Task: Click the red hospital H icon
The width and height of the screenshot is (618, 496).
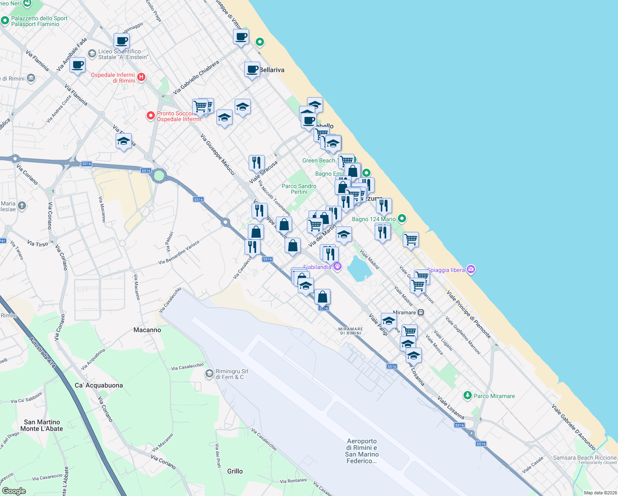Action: click(x=141, y=77)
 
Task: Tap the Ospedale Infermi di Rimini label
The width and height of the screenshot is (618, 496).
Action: click(x=113, y=78)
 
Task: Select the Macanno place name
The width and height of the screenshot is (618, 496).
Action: click(x=147, y=330)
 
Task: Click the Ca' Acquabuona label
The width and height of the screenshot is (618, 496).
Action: click(x=99, y=385)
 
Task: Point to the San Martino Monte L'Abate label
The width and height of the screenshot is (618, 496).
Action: click(x=42, y=425)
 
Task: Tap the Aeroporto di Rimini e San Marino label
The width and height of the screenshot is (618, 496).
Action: click(x=362, y=451)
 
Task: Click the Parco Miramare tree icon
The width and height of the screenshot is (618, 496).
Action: click(x=467, y=396)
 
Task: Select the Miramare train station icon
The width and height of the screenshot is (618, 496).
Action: click(x=421, y=312)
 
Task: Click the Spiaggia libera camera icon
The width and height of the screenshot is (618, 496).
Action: click(x=471, y=270)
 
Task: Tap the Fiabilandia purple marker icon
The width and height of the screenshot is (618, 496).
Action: click(x=338, y=267)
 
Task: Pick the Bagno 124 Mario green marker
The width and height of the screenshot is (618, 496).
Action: click(x=402, y=219)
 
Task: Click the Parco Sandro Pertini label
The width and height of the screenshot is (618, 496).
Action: click(x=299, y=189)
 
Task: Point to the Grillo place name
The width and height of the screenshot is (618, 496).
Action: click(x=235, y=471)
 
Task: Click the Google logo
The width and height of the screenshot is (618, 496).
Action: click(x=14, y=491)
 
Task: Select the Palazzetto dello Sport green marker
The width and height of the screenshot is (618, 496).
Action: click(x=5, y=20)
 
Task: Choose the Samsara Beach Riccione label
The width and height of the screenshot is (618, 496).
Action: click(x=585, y=458)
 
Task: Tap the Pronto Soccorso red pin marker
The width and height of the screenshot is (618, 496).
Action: click(x=151, y=116)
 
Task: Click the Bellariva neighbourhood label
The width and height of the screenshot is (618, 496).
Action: click(x=272, y=70)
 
